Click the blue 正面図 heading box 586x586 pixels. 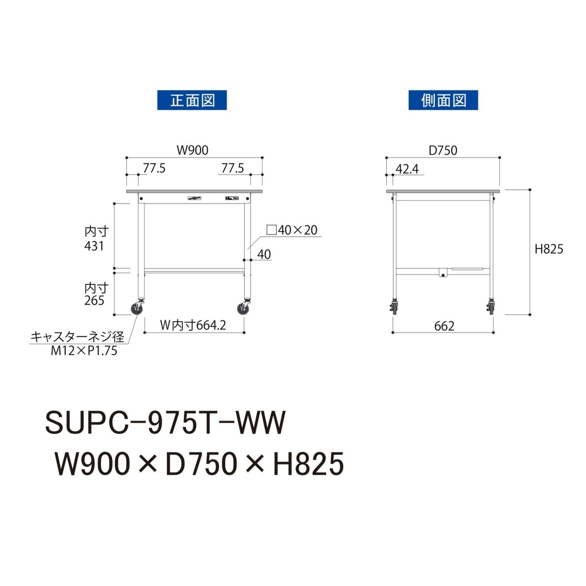point(192,100)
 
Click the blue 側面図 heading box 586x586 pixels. point(443,100)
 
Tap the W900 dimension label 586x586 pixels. point(192,150)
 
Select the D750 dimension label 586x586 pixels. point(443,151)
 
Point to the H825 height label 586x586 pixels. point(549,249)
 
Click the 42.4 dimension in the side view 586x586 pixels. point(407,169)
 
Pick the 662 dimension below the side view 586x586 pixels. point(444,326)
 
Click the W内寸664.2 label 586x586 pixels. point(193,325)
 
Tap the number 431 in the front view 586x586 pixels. point(94,246)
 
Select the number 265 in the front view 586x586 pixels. point(94,300)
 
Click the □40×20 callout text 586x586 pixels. point(292,230)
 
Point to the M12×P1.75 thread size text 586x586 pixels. point(84,351)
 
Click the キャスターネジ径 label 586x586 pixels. point(77,337)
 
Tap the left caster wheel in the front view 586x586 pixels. point(137,309)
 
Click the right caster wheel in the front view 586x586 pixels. point(242,309)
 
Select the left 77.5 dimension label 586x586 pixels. point(154,168)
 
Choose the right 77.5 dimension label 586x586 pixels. point(233,168)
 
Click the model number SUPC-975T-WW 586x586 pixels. point(165,422)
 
